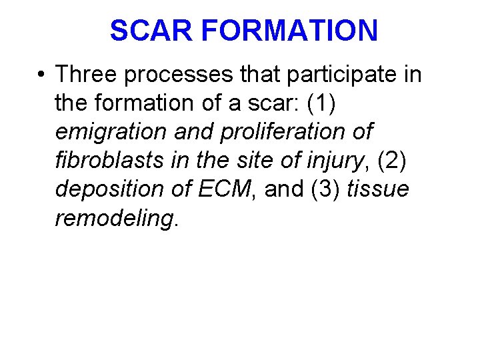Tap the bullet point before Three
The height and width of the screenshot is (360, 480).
click(41, 75)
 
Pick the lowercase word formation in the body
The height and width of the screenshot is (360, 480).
click(138, 103)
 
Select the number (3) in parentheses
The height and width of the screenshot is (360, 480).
click(324, 189)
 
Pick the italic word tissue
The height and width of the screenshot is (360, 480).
click(378, 189)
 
